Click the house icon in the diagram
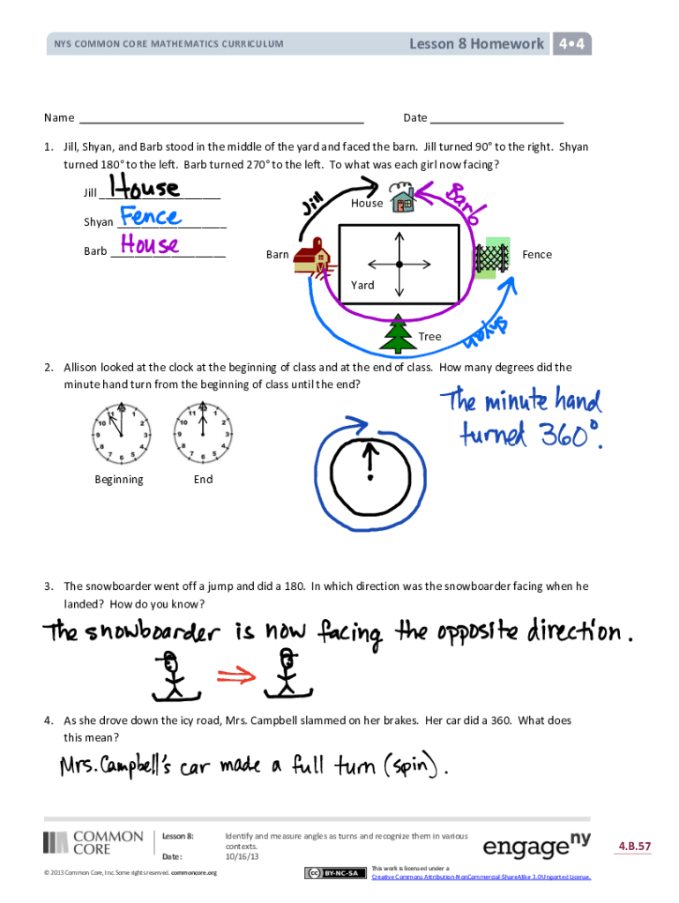point(403,200)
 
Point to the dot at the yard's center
point(399,265)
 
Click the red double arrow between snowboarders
point(235,675)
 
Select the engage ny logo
point(536,847)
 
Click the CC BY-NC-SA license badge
point(335,873)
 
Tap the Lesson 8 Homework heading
point(476,43)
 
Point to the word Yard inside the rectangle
point(362,285)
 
